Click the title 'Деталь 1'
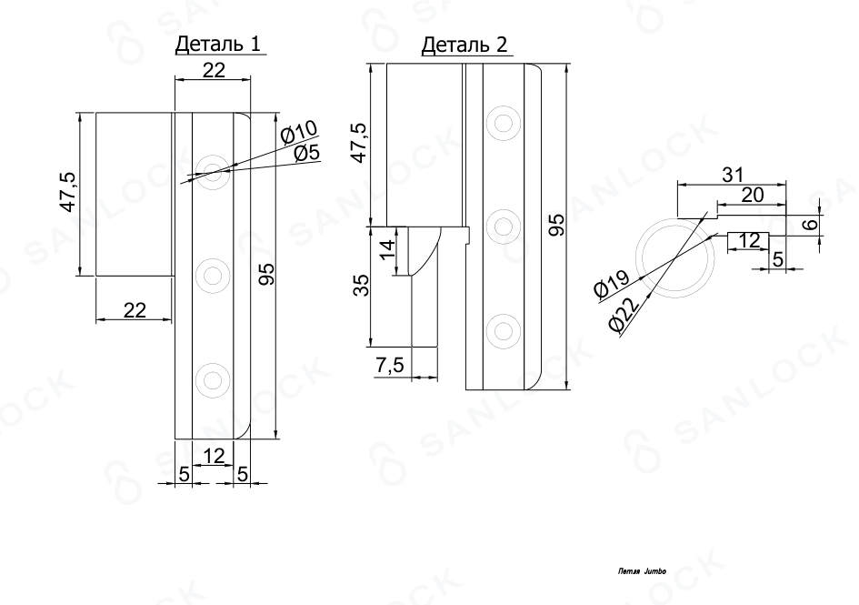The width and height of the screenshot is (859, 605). click(217, 44)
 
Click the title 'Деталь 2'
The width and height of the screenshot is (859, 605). click(464, 44)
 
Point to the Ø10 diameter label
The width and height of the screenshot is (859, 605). click(298, 132)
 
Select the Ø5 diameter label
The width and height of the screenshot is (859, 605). click(306, 153)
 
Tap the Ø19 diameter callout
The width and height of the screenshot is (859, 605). click(613, 284)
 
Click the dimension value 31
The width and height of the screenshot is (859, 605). click(733, 175)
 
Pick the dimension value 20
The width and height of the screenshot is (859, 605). click(752, 194)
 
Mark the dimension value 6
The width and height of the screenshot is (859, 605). click(813, 224)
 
